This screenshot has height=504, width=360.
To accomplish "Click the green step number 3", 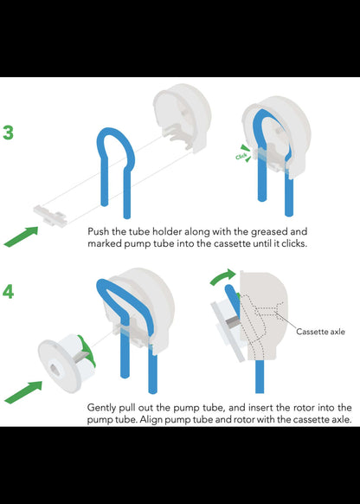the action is [9, 132].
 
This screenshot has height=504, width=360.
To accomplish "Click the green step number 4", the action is [9, 292].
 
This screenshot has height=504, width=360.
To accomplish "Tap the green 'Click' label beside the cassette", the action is [241, 156].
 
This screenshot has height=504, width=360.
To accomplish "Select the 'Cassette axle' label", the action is [320, 332].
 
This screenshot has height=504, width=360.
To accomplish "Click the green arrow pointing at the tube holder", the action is [21, 237].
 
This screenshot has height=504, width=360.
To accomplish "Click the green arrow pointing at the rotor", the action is [23, 392].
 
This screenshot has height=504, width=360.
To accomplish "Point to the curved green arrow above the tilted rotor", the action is [223, 277].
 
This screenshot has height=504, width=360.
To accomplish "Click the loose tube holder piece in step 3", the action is [50, 216].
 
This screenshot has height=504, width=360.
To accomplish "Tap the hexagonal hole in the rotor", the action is [52, 367].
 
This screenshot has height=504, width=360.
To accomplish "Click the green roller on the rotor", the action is [87, 349].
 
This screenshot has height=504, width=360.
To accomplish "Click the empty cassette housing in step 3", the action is [182, 117].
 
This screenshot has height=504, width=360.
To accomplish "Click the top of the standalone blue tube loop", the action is [112, 130].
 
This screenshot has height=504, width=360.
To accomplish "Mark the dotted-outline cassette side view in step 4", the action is [264, 315].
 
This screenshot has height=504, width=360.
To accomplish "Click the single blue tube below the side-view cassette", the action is [260, 377].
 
